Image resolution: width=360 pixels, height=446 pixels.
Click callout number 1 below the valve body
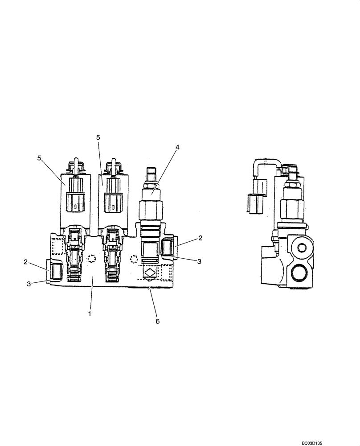click(x=90, y=314)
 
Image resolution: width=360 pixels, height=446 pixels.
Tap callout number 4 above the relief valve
click(x=177, y=147)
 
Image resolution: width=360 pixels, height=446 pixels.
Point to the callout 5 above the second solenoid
click(x=98, y=138)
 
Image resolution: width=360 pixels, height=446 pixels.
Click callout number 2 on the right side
click(x=200, y=238)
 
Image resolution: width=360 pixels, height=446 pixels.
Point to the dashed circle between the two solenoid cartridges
click(x=92, y=259)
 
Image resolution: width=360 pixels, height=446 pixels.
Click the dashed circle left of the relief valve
click(x=133, y=259)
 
